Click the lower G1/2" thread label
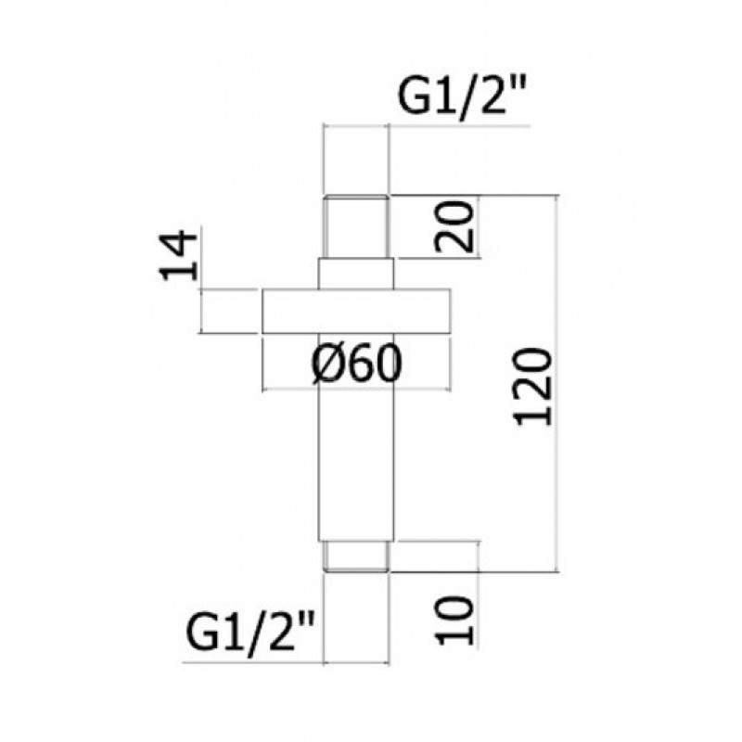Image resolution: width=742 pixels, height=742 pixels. pos(249,633)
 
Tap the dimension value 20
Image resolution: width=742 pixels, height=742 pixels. pos(454,227)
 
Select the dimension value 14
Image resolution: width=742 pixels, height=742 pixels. pos(178,256)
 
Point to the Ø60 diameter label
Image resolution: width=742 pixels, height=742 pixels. pos(356,363)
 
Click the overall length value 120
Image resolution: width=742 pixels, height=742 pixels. pos(532,387)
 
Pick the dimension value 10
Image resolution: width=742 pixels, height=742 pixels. pos(454,620)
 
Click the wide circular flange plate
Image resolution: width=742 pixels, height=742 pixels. pos(356,311)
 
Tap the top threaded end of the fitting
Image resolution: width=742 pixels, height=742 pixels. pos(356,226)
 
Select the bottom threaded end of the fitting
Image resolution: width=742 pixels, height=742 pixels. pos(356,556)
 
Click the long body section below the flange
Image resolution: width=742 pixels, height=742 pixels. pos(356,437)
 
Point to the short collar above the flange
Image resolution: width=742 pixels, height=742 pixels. pos(356,274)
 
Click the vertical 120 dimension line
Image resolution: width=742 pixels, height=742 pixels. pos(558,383)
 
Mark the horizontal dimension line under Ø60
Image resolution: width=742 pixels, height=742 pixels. pos(356,390)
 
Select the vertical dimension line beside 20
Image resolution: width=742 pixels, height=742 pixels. pos(479,226)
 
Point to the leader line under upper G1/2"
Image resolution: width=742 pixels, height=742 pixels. pos(426,126)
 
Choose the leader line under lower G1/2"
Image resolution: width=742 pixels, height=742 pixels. pos(287,663)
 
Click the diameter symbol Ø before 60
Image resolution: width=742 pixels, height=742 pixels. pos(326,363)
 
